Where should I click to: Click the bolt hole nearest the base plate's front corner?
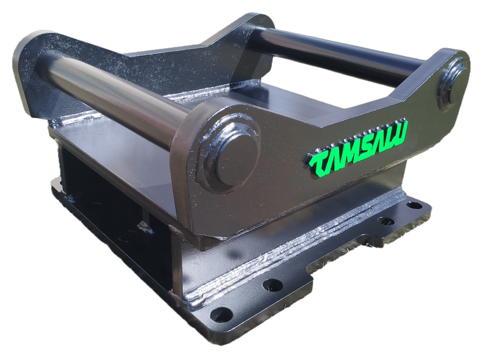coord(221,314)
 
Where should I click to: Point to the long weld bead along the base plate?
coord(282,254)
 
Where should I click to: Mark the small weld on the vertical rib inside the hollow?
coord(146,228)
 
